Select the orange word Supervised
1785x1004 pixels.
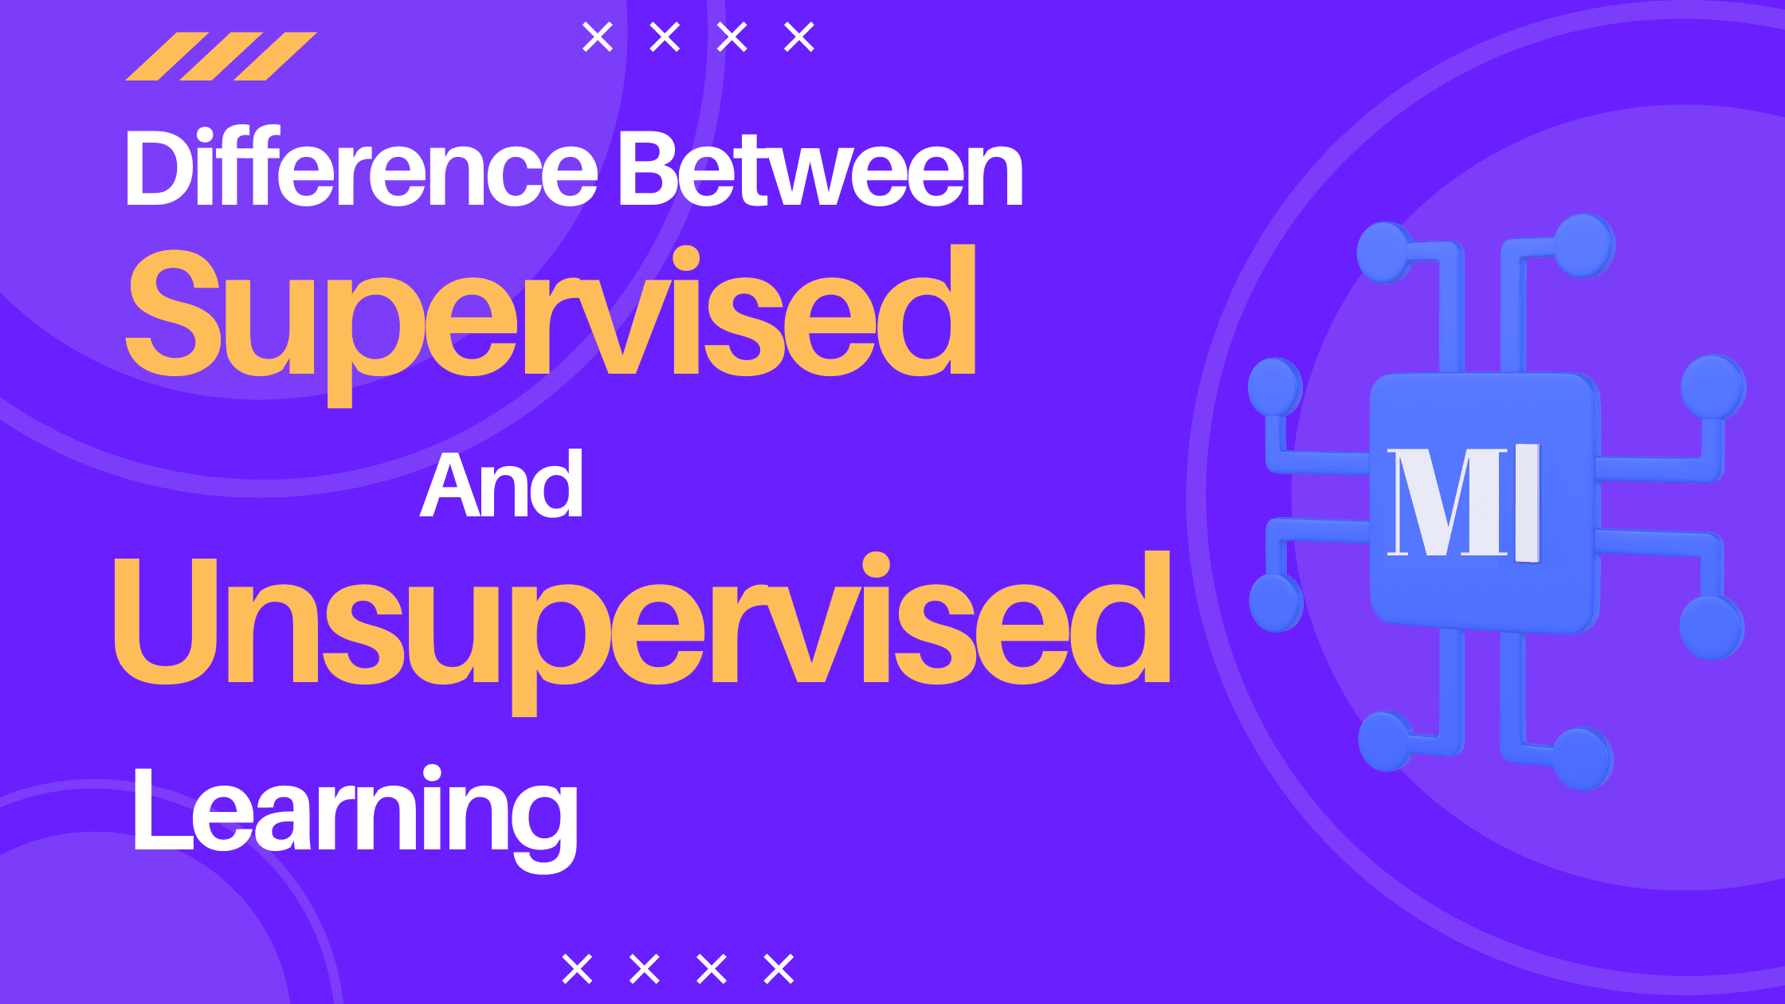tap(550, 315)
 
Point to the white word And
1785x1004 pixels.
tap(501, 485)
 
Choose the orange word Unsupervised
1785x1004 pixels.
tap(641, 622)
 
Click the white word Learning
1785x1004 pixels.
tap(355, 813)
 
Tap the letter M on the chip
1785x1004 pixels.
tap(1447, 502)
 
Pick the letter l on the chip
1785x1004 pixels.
tap(1528, 502)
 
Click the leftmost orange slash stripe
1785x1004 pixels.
tap(167, 56)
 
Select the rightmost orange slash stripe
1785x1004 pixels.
tap(276, 56)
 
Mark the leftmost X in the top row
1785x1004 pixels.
tap(598, 37)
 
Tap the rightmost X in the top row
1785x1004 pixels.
tap(799, 37)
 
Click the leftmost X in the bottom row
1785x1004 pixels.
tap(577, 969)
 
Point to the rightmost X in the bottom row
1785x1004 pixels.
tap(779, 969)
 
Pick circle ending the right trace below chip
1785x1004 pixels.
tap(1583, 759)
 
